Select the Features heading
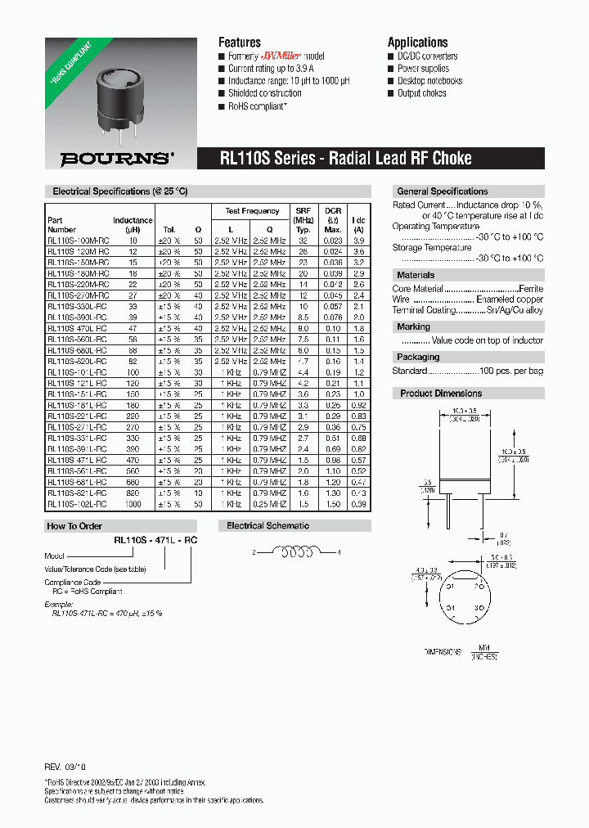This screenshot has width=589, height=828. click(239, 43)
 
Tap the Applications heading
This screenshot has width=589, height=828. click(417, 43)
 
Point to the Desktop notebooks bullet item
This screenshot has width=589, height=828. click(429, 81)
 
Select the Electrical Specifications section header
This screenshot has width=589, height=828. click(120, 191)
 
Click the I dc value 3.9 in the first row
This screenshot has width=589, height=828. click(357, 241)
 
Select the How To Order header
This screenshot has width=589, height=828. click(74, 526)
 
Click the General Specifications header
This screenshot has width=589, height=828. click(442, 191)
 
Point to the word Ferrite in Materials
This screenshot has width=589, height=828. click(531, 289)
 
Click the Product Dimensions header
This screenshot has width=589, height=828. click(441, 394)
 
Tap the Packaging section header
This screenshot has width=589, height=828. click(418, 357)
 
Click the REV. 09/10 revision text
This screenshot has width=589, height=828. click(64, 769)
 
